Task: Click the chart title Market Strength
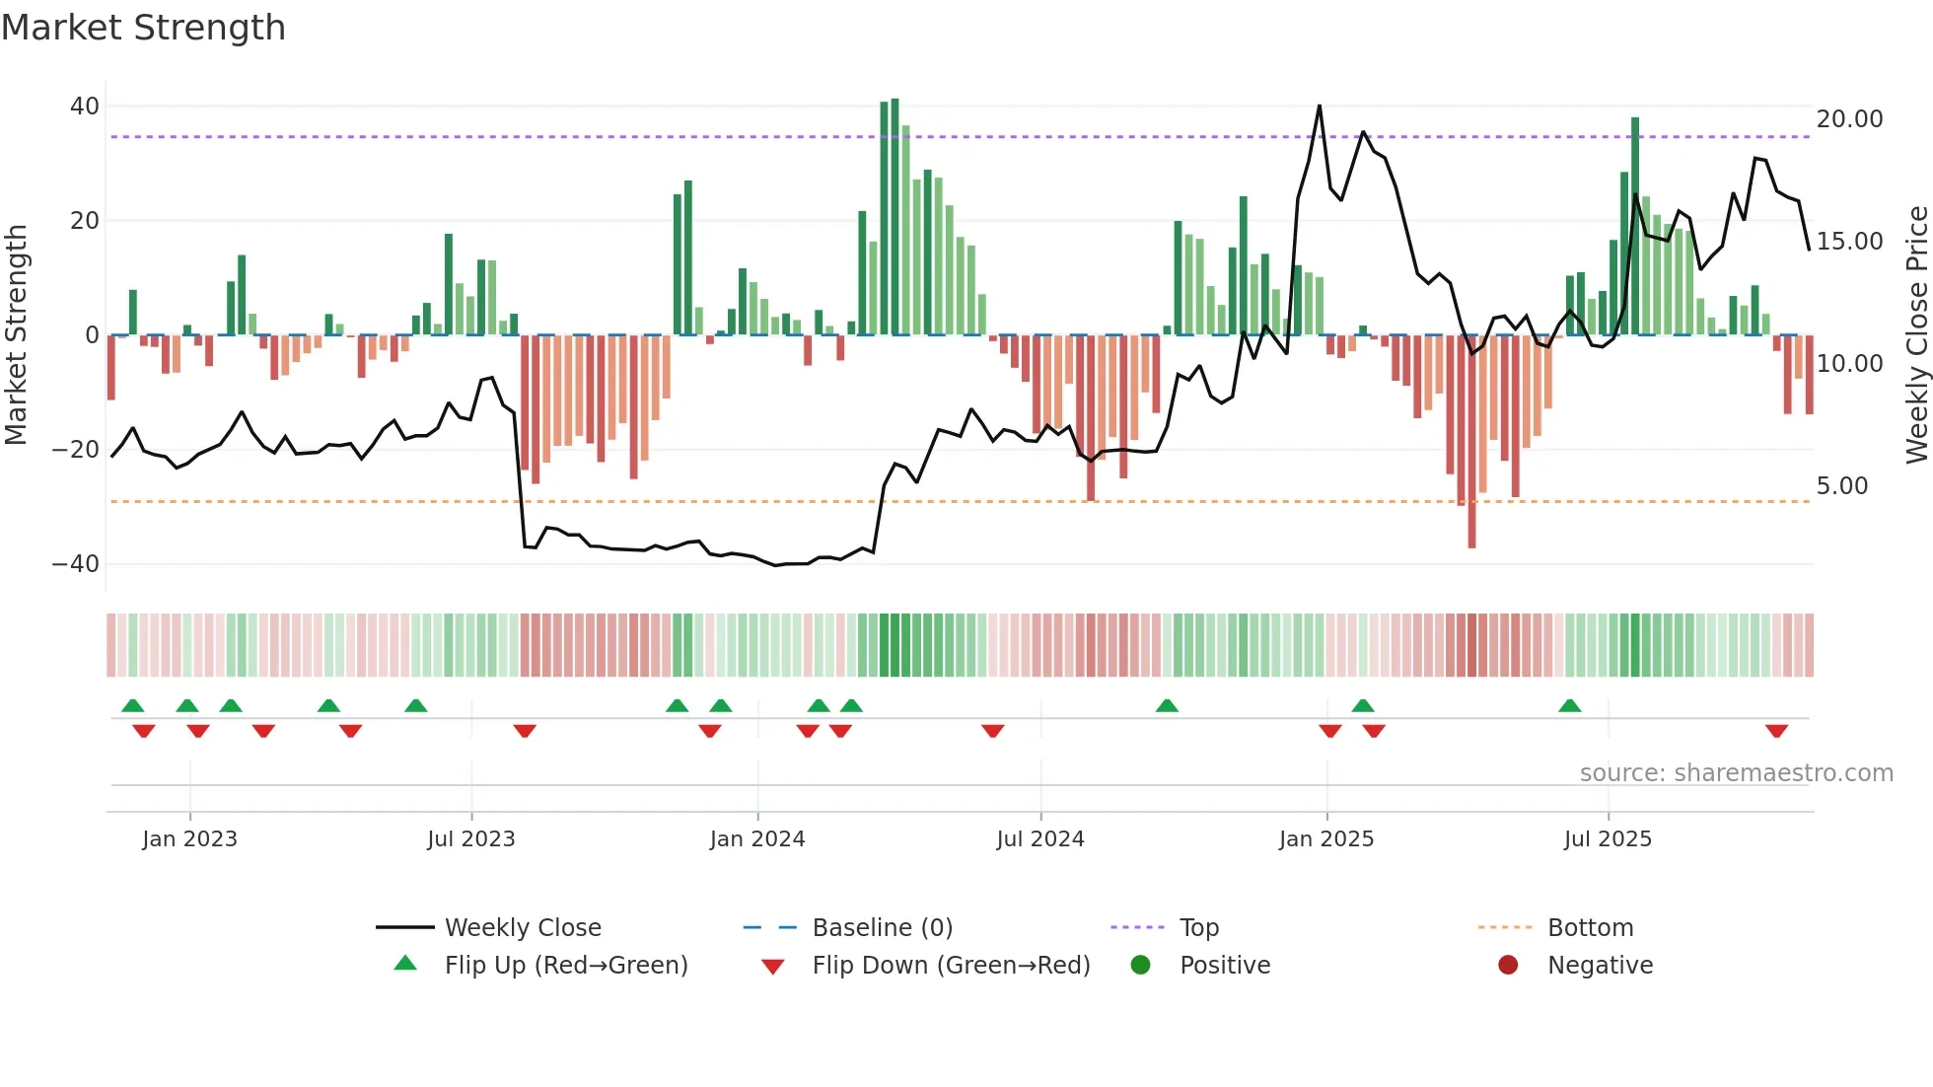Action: pyautogui.click(x=143, y=28)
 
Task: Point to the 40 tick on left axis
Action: pyautogui.click(x=85, y=106)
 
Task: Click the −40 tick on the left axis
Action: pyautogui.click(x=76, y=564)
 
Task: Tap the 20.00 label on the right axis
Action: pyautogui.click(x=1849, y=119)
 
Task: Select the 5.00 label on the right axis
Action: pyautogui.click(x=1841, y=486)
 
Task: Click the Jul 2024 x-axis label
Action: pyautogui.click(x=1039, y=839)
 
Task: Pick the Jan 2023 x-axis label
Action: pyautogui.click(x=189, y=839)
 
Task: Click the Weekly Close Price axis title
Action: pyautogui.click(x=1916, y=334)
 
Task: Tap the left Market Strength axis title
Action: pyautogui.click(x=16, y=334)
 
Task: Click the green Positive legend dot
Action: pyautogui.click(x=1140, y=966)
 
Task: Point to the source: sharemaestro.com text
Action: pyautogui.click(x=1736, y=773)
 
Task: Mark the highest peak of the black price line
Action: pyautogui.click(x=1319, y=107)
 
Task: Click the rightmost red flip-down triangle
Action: pyautogui.click(x=1776, y=731)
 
